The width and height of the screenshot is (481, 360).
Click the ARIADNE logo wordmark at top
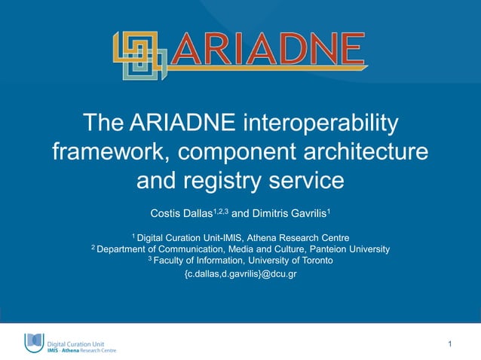[x=266, y=50]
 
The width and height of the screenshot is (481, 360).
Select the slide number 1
[x=449, y=344]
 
